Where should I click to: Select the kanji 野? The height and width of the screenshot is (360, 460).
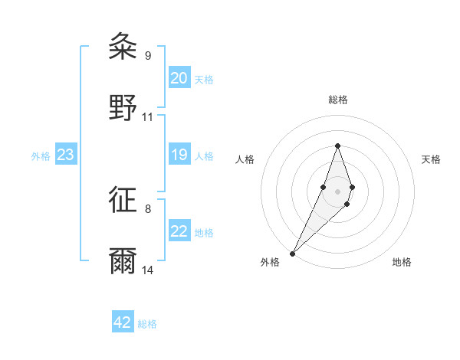click(x=123, y=107)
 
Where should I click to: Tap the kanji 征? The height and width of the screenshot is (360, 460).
click(x=123, y=201)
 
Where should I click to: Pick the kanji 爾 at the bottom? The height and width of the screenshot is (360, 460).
click(x=123, y=260)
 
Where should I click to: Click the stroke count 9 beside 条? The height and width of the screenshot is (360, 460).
click(x=147, y=55)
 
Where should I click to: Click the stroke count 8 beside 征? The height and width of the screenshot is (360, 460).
click(x=147, y=208)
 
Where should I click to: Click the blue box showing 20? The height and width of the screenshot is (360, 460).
click(x=179, y=78)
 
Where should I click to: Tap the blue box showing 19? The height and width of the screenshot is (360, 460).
click(x=179, y=155)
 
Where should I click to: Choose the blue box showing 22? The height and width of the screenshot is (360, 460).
click(x=179, y=231)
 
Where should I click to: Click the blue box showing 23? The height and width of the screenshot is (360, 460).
click(x=65, y=155)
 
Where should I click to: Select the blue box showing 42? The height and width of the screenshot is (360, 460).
click(x=123, y=322)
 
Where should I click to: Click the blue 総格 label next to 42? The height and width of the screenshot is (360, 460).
click(x=147, y=324)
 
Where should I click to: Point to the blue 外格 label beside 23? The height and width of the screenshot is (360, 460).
click(x=41, y=156)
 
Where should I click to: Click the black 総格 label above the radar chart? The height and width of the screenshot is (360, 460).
click(x=337, y=100)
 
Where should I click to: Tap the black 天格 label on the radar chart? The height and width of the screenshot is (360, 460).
click(x=431, y=159)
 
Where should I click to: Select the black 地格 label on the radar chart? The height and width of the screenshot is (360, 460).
click(x=402, y=262)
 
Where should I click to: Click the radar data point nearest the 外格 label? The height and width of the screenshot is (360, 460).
click(x=292, y=253)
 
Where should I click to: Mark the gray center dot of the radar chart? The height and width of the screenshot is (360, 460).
click(x=337, y=191)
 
